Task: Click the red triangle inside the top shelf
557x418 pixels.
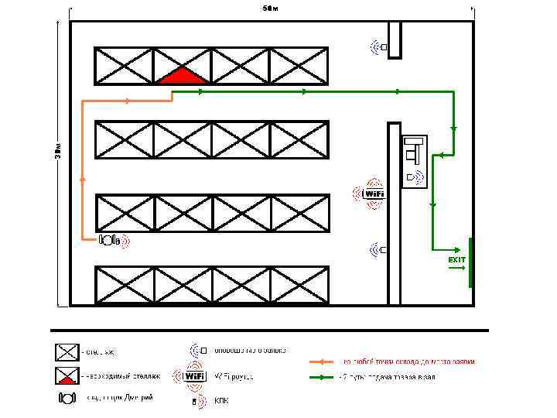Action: (183, 76)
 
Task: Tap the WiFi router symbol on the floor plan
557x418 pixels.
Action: (373, 193)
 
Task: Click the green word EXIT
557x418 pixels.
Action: (457, 260)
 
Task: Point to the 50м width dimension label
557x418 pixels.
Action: (269, 9)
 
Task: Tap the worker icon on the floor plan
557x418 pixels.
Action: (108, 240)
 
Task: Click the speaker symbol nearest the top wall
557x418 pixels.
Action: (379, 47)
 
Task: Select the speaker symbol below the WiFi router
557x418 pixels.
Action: (378, 249)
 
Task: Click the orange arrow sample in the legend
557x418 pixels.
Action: (322, 361)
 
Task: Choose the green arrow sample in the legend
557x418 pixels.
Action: (322, 378)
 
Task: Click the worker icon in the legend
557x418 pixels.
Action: (67, 398)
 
